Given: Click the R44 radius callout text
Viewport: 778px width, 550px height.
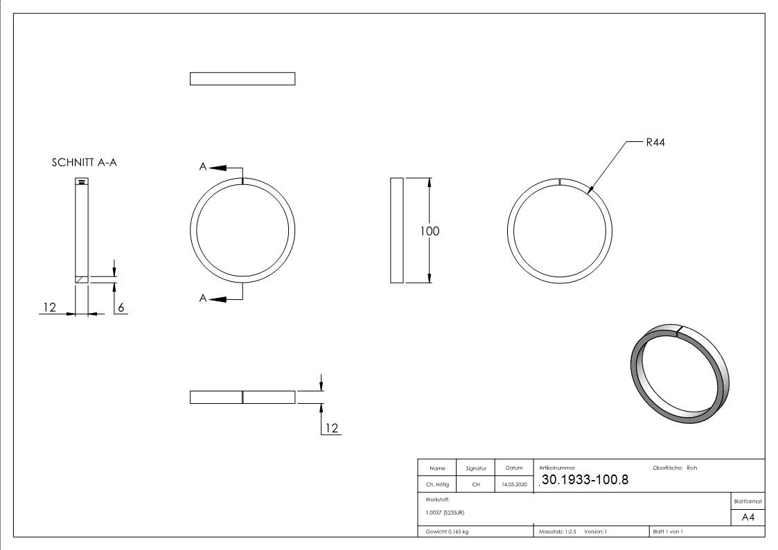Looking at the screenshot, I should tap(655, 143).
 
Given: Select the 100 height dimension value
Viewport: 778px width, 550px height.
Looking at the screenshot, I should tap(430, 231).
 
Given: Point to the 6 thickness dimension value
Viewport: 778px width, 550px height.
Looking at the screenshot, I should tap(121, 307).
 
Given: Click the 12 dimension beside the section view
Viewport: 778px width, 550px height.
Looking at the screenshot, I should tap(48, 307).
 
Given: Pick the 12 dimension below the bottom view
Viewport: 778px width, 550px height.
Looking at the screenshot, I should tap(331, 428).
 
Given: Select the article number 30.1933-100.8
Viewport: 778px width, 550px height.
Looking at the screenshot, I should tap(584, 480).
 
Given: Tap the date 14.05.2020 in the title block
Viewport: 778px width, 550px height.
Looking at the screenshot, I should tap(514, 485).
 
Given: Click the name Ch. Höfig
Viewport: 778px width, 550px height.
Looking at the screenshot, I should tap(437, 485).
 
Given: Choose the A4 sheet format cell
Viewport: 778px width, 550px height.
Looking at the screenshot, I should tap(748, 517).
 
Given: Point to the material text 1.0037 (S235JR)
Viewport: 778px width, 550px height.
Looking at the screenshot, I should tap(445, 513).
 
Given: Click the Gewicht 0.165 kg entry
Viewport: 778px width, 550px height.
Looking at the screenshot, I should tap(447, 531).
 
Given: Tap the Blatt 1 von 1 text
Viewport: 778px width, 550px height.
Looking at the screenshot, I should tap(668, 531).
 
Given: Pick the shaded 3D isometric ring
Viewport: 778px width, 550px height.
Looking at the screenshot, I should tap(680, 373).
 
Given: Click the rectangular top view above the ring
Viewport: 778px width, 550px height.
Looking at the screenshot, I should tap(242, 79).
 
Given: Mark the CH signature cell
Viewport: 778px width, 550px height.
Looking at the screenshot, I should tap(476, 485).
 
